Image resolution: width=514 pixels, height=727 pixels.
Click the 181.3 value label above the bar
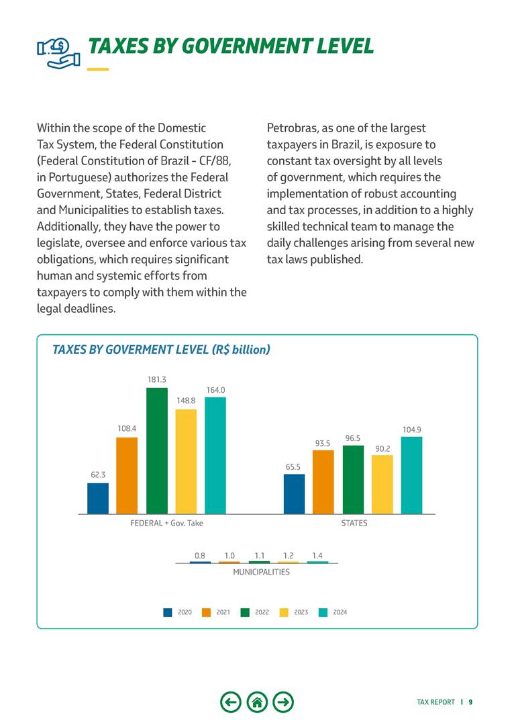click(x=157, y=379)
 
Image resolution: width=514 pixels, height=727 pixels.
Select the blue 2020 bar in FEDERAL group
click(x=98, y=498)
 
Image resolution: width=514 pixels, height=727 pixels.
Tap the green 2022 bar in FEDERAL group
click(x=157, y=450)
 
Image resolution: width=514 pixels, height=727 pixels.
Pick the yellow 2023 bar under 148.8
click(x=186, y=461)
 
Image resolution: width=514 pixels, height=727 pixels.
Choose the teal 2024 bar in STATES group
click(x=411, y=475)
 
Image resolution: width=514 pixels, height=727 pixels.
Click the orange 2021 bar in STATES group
click(x=323, y=482)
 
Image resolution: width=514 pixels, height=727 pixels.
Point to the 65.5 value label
click(x=293, y=466)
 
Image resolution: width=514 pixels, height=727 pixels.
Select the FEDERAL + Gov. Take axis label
click(x=166, y=523)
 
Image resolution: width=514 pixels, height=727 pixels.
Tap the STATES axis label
click(x=354, y=523)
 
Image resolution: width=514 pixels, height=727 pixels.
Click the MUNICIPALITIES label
click(x=261, y=572)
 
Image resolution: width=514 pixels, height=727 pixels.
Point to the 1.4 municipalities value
click(x=318, y=555)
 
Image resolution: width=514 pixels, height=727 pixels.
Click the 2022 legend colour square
click(x=245, y=612)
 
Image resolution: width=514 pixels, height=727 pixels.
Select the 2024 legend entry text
click(x=340, y=612)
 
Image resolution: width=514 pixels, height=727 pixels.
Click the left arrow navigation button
click(x=230, y=702)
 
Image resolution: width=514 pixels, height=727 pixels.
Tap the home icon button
click(x=257, y=702)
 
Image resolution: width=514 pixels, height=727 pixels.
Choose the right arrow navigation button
click(x=285, y=702)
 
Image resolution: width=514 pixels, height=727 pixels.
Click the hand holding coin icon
click(x=58, y=51)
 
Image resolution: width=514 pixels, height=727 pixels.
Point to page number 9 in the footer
click(x=470, y=702)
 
